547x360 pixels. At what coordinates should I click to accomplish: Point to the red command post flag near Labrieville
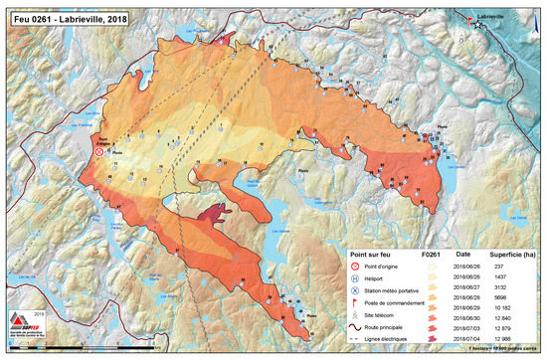pos(471,19)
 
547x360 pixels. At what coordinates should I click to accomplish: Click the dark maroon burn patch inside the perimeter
pos(212,212)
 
